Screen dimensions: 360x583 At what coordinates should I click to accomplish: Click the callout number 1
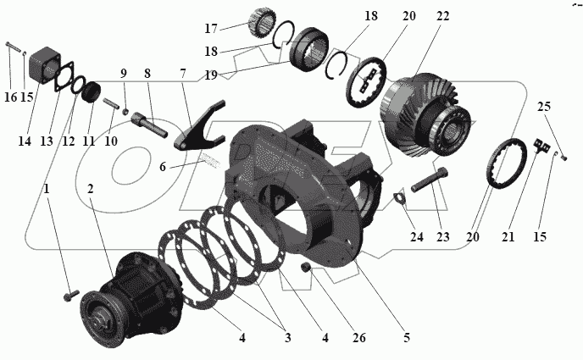[47, 189]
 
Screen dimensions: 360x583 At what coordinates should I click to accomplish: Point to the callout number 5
[406, 339]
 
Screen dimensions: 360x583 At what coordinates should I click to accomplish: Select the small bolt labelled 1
[70, 296]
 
